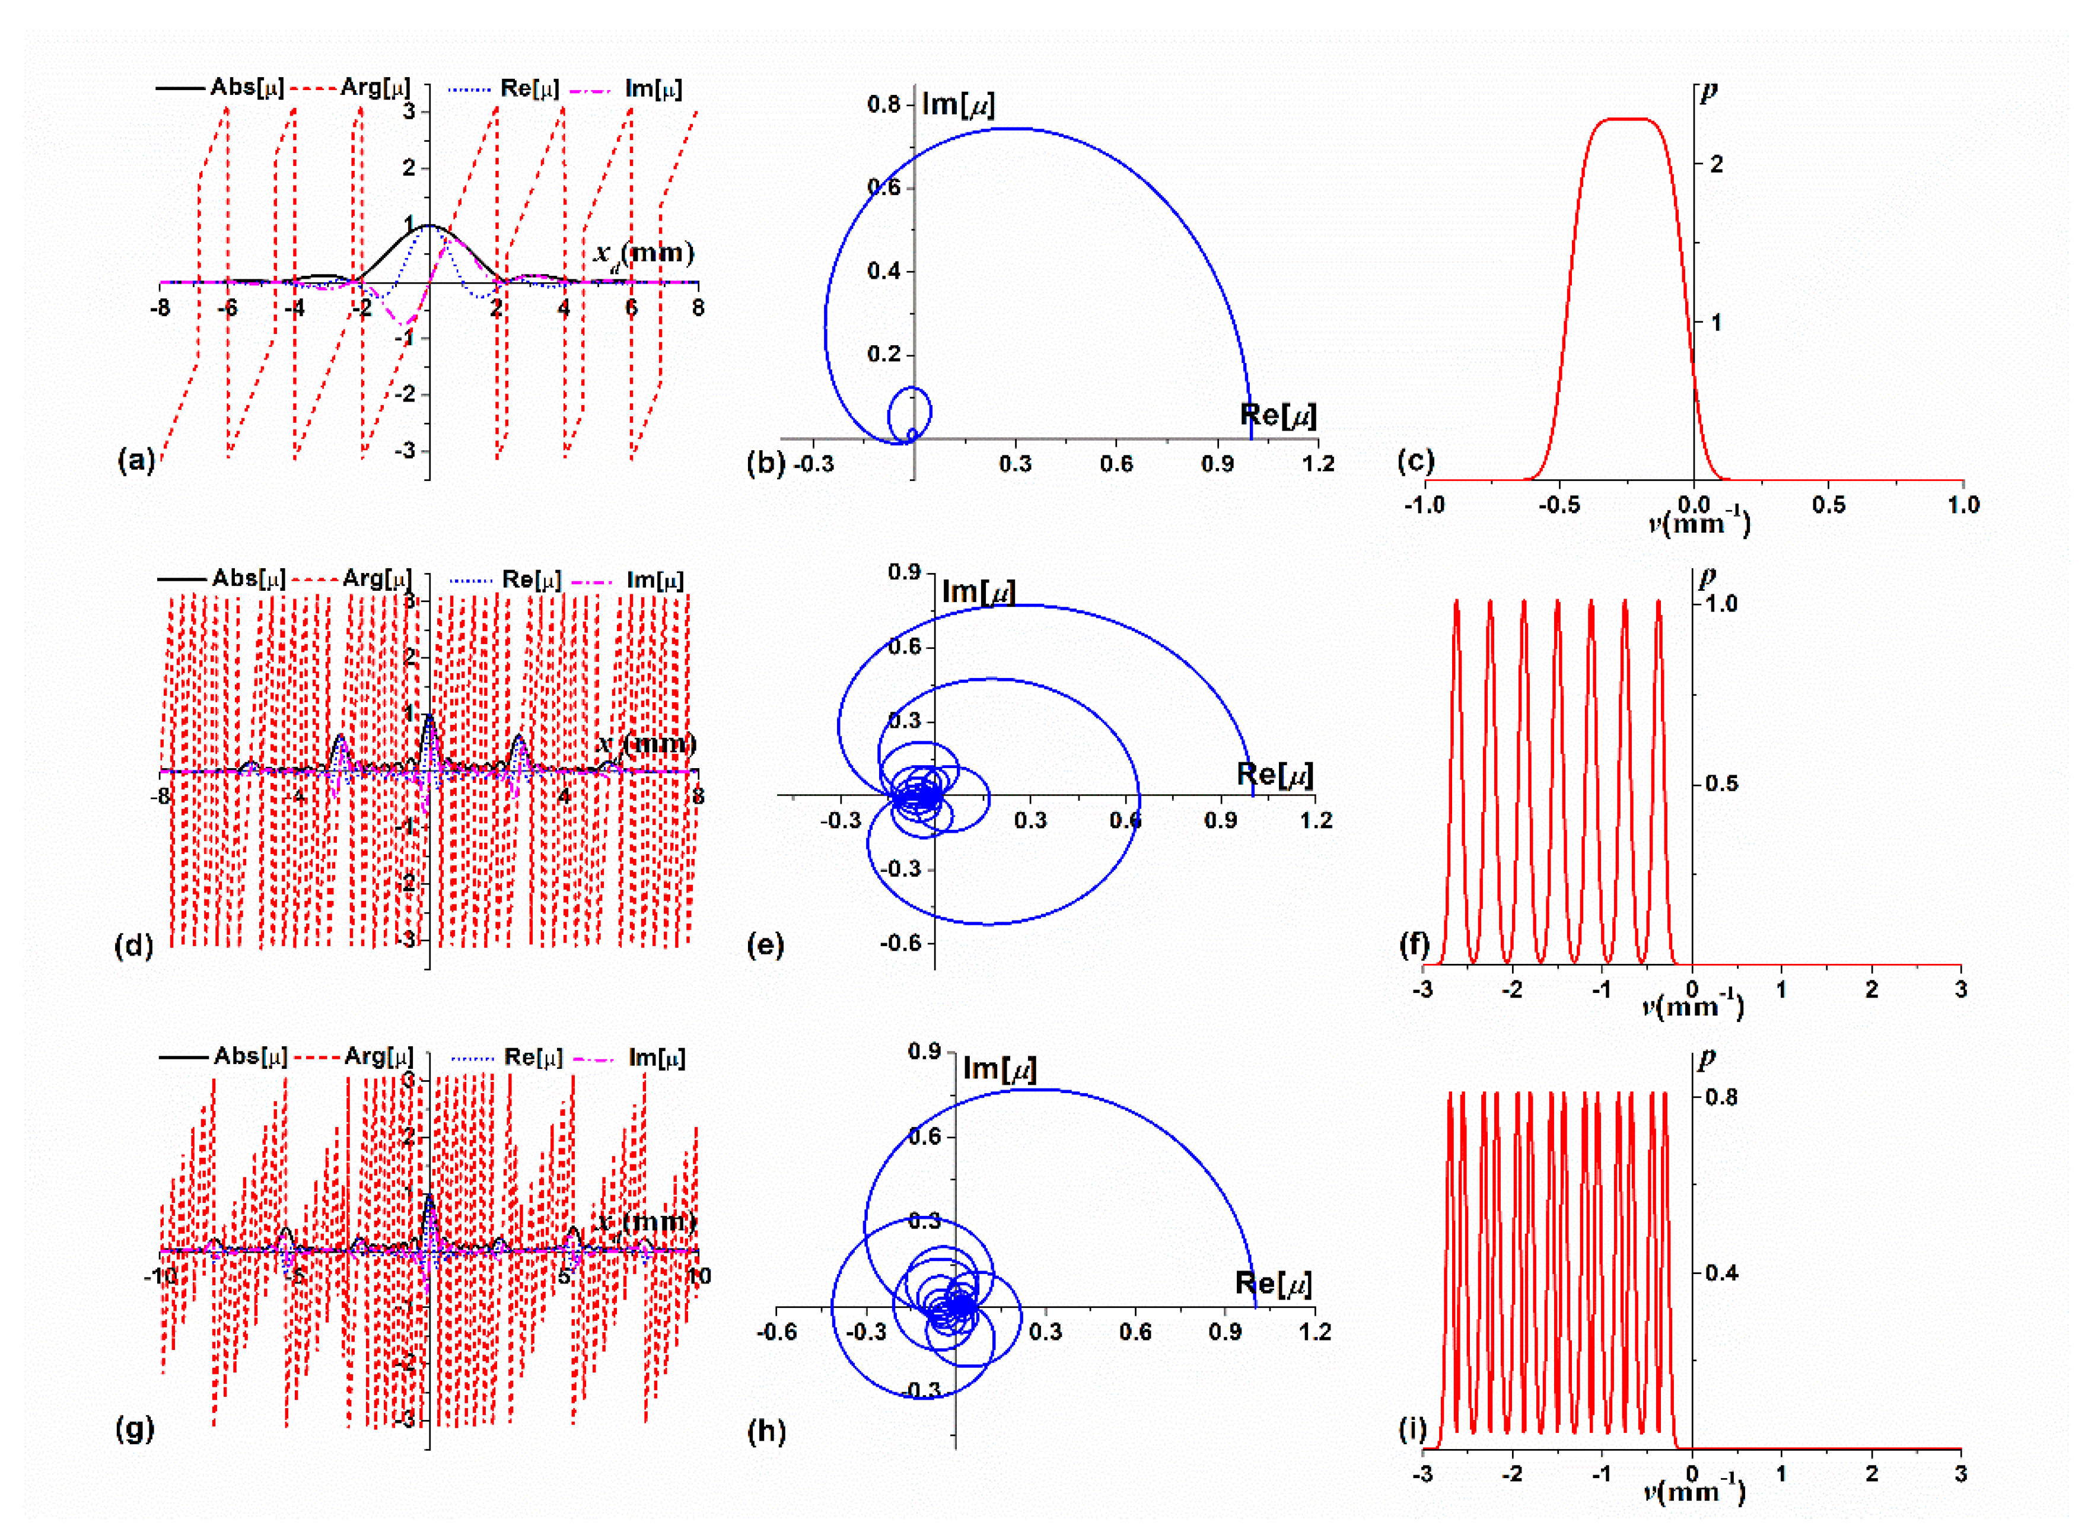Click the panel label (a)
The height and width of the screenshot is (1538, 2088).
click(x=136, y=460)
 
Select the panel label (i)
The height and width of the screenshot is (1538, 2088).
click(x=1412, y=1429)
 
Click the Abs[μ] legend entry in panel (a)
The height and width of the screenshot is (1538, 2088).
click(x=221, y=88)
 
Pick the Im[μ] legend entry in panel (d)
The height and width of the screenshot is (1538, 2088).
click(x=629, y=580)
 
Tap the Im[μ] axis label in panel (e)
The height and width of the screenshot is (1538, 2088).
click(x=978, y=591)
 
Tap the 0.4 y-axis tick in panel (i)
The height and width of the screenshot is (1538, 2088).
click(x=1720, y=1273)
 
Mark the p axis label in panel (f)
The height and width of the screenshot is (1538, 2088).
click(x=1707, y=577)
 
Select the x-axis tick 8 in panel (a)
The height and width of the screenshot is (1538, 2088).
click(x=698, y=307)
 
